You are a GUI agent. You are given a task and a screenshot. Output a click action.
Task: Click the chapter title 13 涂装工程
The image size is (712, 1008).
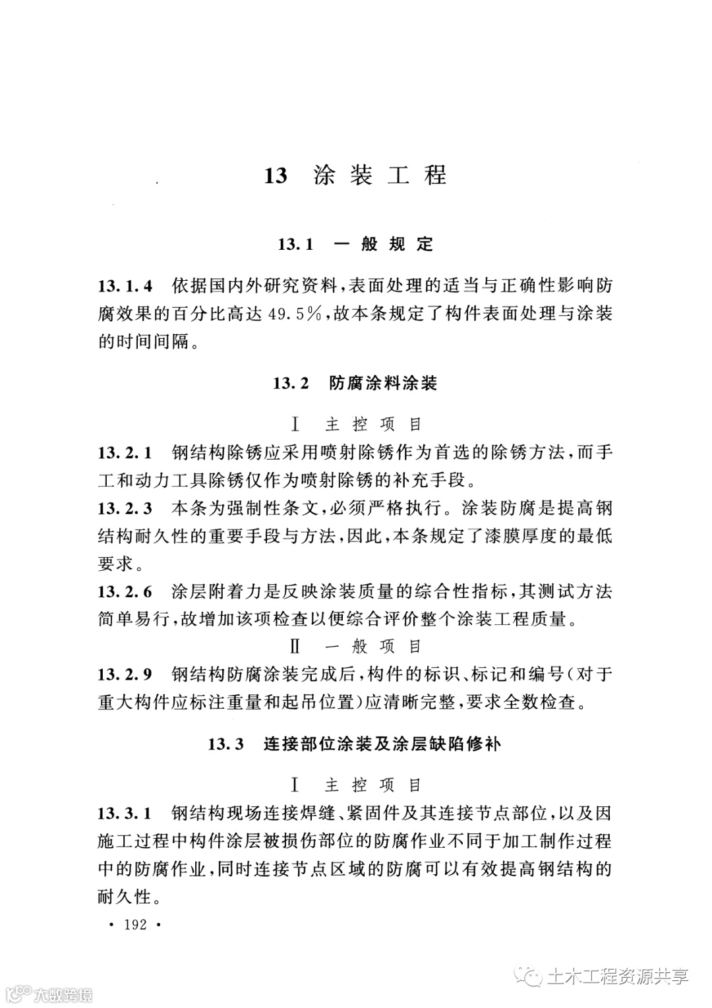tap(355, 175)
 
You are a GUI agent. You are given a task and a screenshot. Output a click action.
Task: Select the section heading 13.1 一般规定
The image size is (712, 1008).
tap(355, 245)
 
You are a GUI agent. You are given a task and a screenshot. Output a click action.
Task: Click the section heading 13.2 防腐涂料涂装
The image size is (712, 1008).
tap(355, 383)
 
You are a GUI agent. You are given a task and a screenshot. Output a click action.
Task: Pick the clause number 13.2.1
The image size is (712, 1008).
tap(125, 453)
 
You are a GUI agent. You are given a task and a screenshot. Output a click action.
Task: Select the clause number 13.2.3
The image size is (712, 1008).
tap(125, 508)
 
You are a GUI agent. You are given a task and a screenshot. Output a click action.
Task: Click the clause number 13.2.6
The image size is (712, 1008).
tap(125, 591)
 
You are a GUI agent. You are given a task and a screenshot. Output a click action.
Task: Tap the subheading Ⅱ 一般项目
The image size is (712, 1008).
tap(355, 647)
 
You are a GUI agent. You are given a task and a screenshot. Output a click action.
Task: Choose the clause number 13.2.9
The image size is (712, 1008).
tap(125, 674)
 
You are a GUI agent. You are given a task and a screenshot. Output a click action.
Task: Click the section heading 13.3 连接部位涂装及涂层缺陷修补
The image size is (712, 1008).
tap(355, 744)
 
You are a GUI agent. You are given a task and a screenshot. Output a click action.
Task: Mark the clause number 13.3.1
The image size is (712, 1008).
tap(125, 813)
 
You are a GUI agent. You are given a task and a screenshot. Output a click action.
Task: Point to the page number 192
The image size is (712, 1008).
tap(134, 925)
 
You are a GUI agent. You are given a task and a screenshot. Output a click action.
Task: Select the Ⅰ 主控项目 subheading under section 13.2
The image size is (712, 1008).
tap(355, 425)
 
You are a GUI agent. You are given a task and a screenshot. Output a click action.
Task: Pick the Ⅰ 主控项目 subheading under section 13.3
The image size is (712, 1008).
tap(355, 785)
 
